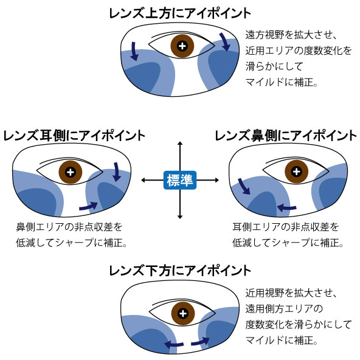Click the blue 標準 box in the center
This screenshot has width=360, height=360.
[x=180, y=180]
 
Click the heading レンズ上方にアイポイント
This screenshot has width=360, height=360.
[x=180, y=13]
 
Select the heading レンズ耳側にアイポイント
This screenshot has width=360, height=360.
[x=74, y=136]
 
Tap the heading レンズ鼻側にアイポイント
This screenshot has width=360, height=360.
[x=285, y=136]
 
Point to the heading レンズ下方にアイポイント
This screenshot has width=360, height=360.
[x=180, y=271]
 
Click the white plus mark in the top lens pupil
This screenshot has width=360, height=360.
[x=182, y=46]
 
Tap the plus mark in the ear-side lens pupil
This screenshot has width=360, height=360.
[x=71, y=172]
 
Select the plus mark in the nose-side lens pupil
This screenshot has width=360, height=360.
[x=296, y=171]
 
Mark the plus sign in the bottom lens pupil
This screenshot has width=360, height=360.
[x=183, y=313]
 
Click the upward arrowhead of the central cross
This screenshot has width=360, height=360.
[x=180, y=144]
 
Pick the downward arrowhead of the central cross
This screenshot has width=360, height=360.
[x=180, y=216]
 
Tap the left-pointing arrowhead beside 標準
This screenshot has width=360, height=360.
[x=144, y=180]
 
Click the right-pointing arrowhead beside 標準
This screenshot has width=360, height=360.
[x=216, y=180]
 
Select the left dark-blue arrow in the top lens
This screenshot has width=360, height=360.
[x=134, y=52]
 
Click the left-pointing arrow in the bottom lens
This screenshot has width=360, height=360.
[x=174, y=344]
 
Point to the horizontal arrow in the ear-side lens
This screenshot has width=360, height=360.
[x=89, y=206]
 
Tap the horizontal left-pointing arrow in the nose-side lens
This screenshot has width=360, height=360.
[x=287, y=207]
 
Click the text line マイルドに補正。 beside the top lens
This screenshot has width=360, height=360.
[x=282, y=82]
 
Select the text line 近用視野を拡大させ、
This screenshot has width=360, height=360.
[x=291, y=293]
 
